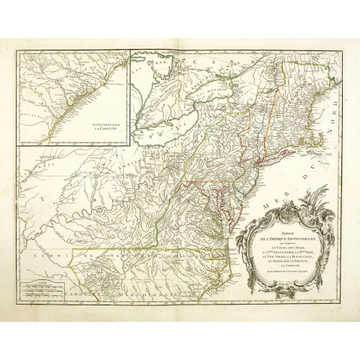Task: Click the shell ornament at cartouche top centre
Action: pyautogui.click(x=282, y=216)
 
